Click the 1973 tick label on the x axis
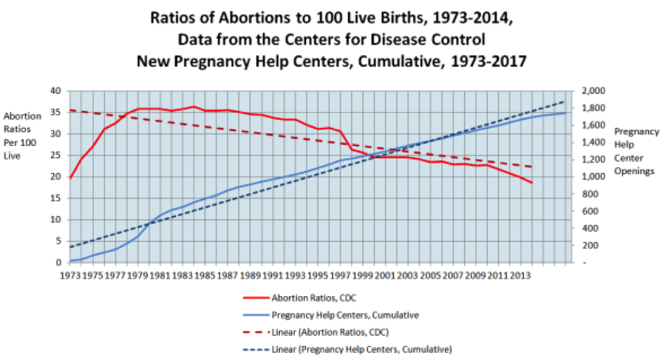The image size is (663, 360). (70, 274)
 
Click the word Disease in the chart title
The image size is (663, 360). (398, 39)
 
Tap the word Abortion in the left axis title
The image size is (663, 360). (19, 116)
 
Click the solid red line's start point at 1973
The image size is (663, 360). (70, 178)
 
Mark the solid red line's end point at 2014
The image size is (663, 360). (532, 183)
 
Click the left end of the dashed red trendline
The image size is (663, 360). (70, 110)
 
